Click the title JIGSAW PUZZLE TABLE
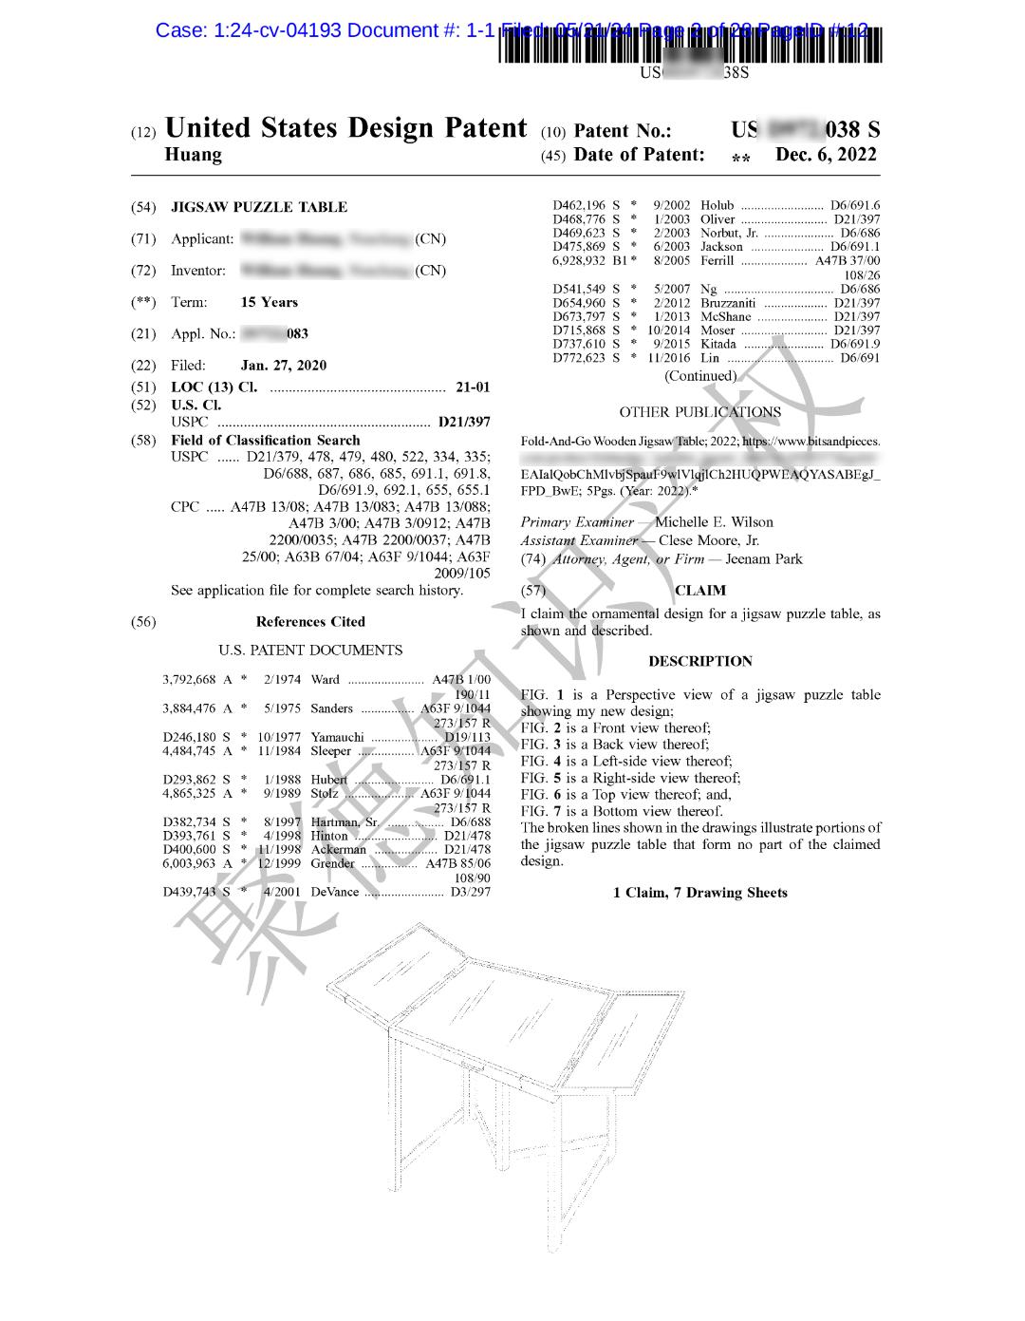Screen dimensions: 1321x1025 [x=259, y=207]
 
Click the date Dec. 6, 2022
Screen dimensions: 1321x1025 [x=826, y=155]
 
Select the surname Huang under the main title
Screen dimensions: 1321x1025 [x=194, y=155]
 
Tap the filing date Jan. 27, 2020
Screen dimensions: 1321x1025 [x=284, y=366]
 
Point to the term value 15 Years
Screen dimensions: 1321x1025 [x=270, y=302]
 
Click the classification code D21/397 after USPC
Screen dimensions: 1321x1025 [x=464, y=422]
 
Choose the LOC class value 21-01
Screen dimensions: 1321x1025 [x=473, y=387]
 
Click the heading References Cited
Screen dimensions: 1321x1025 [x=310, y=622]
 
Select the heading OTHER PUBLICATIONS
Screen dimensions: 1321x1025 [x=700, y=412]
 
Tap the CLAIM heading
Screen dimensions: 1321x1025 [x=700, y=591]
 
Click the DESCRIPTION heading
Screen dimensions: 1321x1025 [x=700, y=662]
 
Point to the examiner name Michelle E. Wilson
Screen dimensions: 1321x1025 [x=714, y=522]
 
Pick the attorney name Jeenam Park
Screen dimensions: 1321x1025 [x=764, y=559]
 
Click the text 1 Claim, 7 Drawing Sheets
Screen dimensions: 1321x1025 [x=700, y=893]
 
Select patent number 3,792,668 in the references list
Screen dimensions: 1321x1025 [x=189, y=680]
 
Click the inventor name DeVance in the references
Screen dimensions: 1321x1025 [x=335, y=892]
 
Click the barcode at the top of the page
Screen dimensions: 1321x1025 [x=690, y=45]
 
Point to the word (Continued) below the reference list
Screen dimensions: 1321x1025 [x=700, y=376]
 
